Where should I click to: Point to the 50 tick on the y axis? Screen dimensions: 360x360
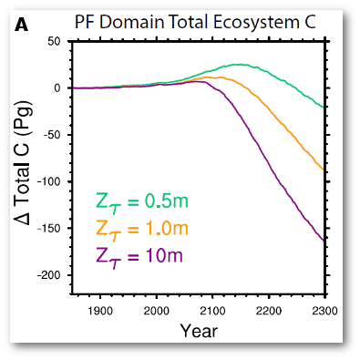click(x=55, y=41)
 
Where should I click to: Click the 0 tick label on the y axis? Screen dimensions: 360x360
click(x=57, y=87)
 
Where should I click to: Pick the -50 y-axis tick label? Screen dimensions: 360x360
click(x=51, y=135)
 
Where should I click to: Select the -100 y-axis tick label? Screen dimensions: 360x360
click(x=48, y=181)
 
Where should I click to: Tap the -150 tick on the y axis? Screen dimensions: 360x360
click(x=48, y=228)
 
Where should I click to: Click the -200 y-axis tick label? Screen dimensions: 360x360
click(x=48, y=275)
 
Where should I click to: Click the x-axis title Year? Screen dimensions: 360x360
click(x=198, y=330)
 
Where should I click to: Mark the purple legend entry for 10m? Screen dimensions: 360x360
click(x=139, y=254)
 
